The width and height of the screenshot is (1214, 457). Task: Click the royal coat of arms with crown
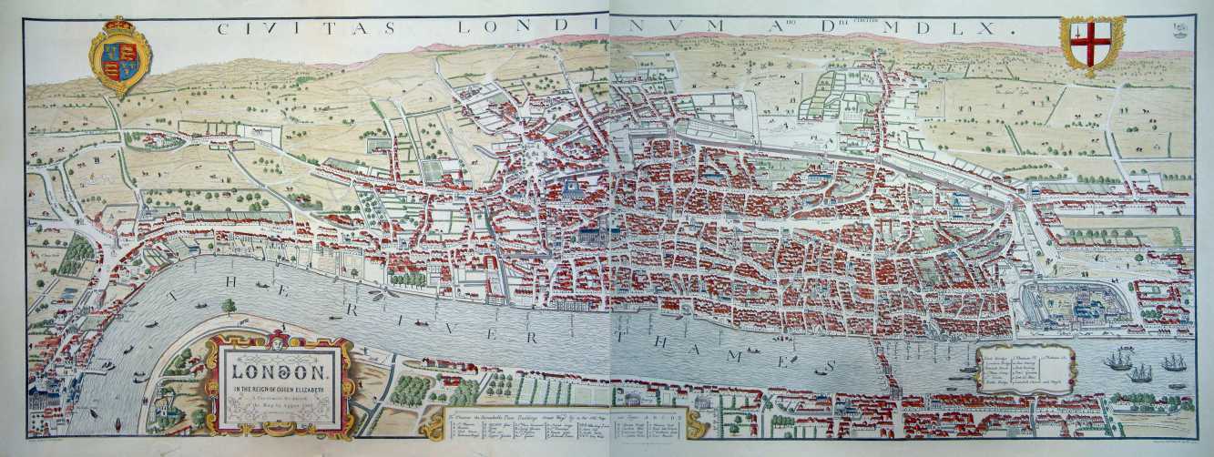pos(119,56)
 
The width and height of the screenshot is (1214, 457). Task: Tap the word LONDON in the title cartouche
pos(279,371)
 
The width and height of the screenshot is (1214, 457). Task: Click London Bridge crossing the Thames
pos(882,363)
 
